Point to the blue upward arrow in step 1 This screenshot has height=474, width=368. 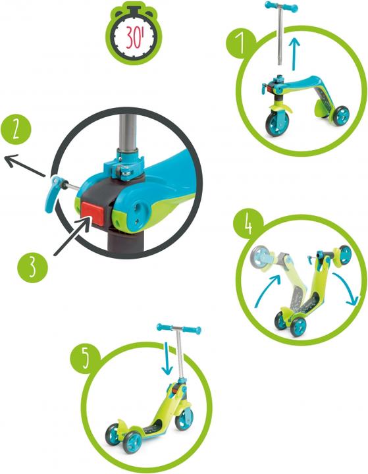click(x=294, y=53)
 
